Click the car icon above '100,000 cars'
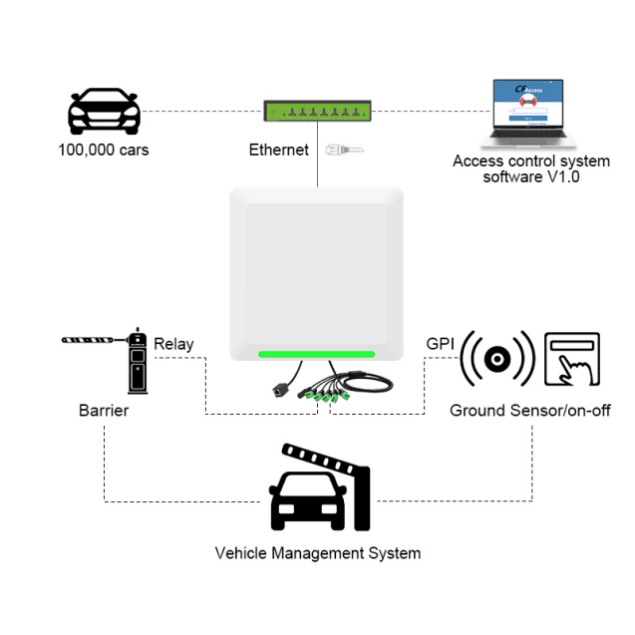pyautogui.click(x=104, y=112)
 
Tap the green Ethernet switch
pyautogui.click(x=316, y=110)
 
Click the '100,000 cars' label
pyautogui.click(x=104, y=151)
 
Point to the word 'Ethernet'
pyautogui.click(x=279, y=151)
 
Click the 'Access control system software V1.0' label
pyautogui.click(x=530, y=168)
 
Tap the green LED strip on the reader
pyautogui.click(x=316, y=354)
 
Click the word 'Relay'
pyautogui.click(x=173, y=344)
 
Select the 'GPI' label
pyautogui.click(x=440, y=344)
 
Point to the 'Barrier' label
pyautogui.click(x=104, y=410)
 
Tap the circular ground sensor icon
pyautogui.click(x=497, y=359)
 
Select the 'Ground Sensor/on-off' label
pyautogui.click(x=529, y=410)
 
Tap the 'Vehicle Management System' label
pyautogui.click(x=317, y=553)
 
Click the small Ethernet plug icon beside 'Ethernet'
pyautogui.click(x=342, y=151)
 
